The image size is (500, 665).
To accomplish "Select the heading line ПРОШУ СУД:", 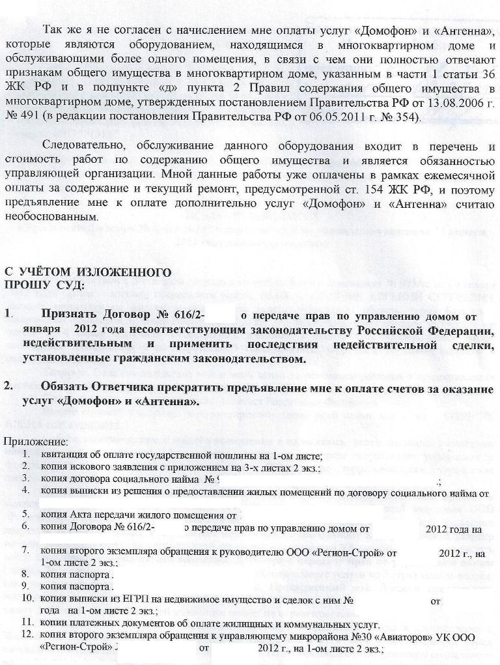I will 44,285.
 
